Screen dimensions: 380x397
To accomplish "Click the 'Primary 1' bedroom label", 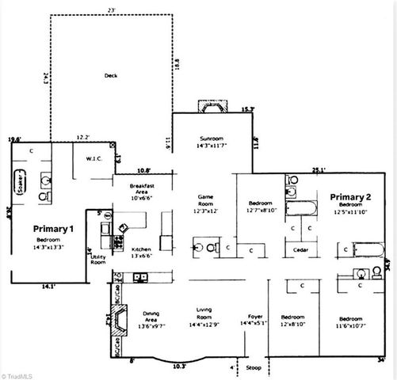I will (x=54, y=228).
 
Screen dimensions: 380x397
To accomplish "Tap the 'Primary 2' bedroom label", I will (x=351, y=197).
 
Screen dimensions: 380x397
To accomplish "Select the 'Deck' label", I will (x=111, y=76).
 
